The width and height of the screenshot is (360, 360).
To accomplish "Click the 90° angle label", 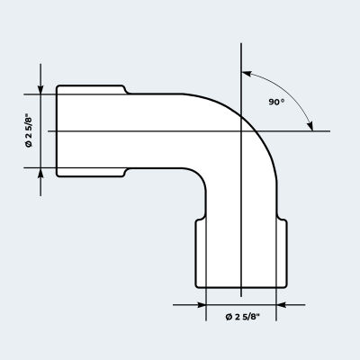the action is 276,102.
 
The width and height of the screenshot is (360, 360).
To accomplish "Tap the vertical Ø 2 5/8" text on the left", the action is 29,130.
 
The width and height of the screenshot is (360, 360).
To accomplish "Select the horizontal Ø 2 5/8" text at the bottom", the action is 242,317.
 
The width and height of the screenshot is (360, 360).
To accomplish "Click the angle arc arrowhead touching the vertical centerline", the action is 247,74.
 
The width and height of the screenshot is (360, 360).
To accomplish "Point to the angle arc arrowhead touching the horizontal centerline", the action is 310,126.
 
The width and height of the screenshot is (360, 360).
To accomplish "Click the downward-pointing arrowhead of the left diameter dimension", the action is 40,89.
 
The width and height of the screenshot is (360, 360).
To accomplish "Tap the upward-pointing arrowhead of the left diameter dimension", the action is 40,173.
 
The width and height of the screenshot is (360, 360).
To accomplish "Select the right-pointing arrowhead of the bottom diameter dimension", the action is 201,305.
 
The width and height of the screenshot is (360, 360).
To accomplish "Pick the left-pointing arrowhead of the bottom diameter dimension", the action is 281,305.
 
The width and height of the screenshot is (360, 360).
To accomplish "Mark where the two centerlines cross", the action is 241,131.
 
